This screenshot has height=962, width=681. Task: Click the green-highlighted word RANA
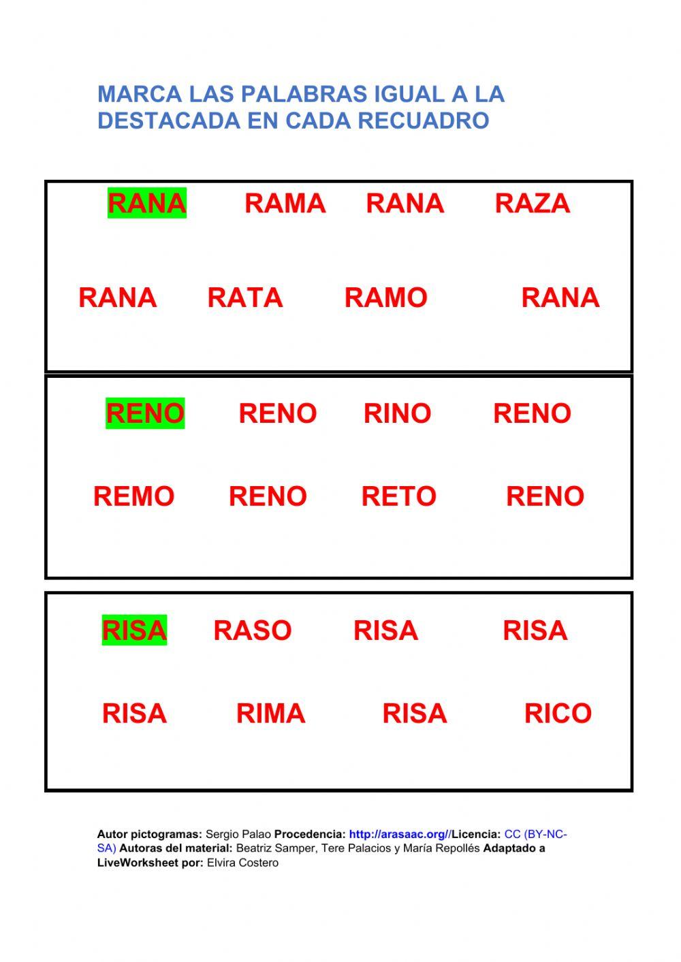coord(147,204)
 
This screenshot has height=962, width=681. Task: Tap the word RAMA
coord(285,204)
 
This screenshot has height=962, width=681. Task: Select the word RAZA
coord(532,204)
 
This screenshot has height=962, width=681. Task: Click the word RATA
coord(244,298)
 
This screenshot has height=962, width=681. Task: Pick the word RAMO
coord(385,298)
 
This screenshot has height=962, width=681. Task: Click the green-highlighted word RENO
coord(145,413)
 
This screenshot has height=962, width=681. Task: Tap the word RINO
coord(397,413)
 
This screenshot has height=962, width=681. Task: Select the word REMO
coord(133,496)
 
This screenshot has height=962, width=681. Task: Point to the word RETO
coord(398,496)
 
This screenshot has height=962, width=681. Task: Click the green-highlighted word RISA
coord(134,630)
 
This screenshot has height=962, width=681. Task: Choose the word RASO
coord(252,630)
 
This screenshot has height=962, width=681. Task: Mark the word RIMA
coord(270,714)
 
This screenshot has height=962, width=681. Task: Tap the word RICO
coord(558,714)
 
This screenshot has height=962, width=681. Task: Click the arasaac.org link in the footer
coord(400,834)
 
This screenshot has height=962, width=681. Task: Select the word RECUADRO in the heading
coord(424,121)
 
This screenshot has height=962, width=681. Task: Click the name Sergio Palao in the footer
coord(238,834)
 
